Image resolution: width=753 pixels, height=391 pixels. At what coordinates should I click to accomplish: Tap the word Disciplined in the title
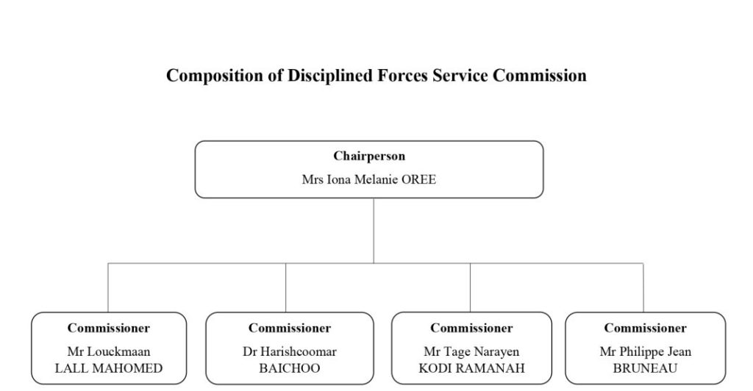pos(330,75)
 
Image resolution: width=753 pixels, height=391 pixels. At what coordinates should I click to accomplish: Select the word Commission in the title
pos(540,75)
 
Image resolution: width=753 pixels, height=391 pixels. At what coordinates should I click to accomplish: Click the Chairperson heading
pos(369,156)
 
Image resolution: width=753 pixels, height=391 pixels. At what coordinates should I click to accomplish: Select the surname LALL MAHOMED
pos(109,368)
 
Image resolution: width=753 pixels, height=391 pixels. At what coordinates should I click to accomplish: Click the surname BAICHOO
pos(290,368)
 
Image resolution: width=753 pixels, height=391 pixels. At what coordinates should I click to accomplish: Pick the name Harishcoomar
pos(299,351)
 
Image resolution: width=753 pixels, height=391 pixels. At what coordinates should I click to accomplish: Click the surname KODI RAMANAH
pos(471,368)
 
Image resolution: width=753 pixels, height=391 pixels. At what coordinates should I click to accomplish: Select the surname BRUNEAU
pos(645,368)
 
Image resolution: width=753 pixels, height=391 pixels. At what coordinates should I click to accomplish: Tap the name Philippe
pos(641,352)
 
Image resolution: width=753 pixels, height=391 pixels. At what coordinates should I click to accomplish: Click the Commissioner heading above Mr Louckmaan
pos(109,328)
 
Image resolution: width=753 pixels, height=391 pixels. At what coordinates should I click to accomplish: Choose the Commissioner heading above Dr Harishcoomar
pos(290,328)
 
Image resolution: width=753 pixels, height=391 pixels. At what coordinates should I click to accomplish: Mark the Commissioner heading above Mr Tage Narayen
pos(471,328)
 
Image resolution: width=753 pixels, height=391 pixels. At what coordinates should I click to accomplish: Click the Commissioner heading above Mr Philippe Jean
pos(646,328)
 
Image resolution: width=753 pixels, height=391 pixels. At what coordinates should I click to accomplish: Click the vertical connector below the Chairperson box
pos(374,231)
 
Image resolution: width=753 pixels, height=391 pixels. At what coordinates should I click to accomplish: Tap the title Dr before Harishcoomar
pos(250,351)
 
